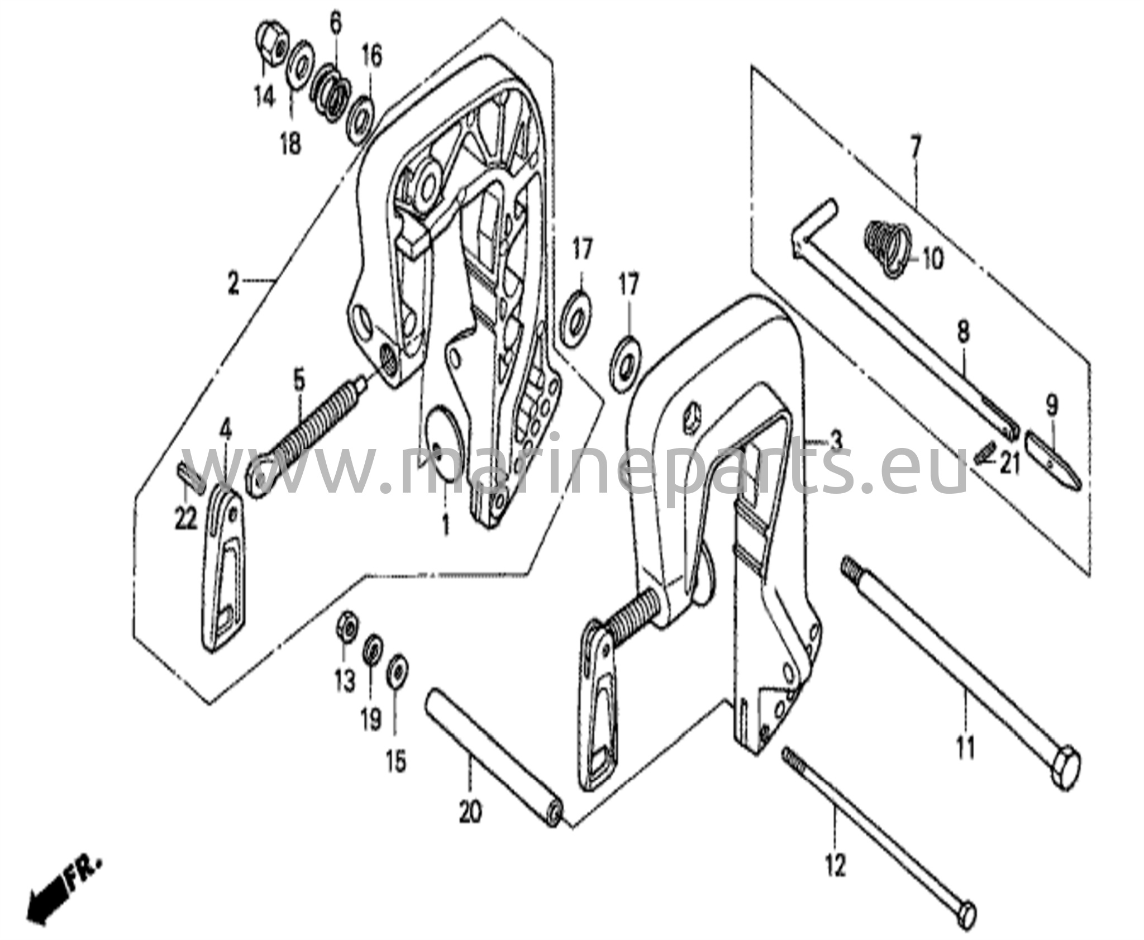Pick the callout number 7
(915, 135)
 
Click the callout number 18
(291, 142)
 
